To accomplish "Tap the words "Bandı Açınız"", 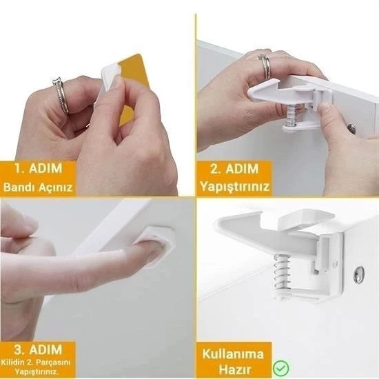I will tap(39, 187).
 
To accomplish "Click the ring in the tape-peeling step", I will tap(59, 96).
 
